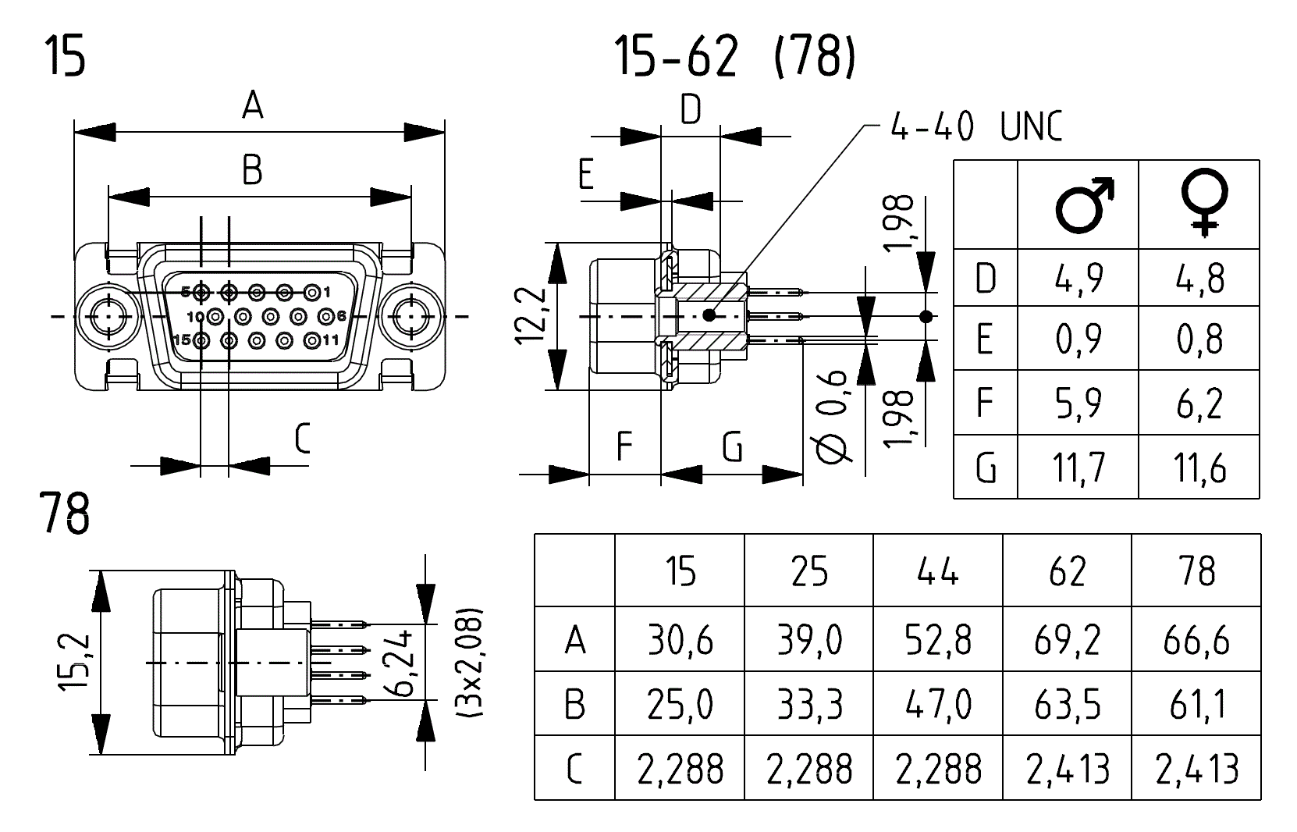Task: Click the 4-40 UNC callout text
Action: click(975, 126)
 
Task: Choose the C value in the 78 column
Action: click(1196, 769)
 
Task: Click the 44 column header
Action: click(938, 571)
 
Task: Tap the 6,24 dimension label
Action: click(403, 663)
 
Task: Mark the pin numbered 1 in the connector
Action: click(311, 293)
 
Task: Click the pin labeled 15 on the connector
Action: click(201, 340)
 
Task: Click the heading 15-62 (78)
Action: click(734, 56)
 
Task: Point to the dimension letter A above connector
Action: click(252, 105)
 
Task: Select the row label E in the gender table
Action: click(985, 340)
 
